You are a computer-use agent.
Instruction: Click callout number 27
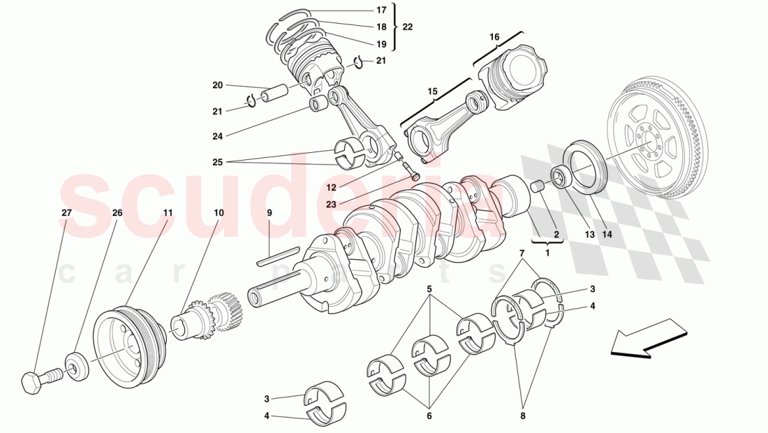click(x=67, y=212)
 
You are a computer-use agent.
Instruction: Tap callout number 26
click(x=117, y=212)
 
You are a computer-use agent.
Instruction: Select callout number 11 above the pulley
click(x=168, y=212)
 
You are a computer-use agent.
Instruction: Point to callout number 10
click(x=219, y=212)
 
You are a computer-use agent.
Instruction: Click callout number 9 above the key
click(x=269, y=212)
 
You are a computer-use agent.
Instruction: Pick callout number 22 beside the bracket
click(x=408, y=27)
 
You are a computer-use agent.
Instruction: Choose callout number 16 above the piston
click(x=494, y=36)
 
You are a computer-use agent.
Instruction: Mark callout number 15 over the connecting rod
click(x=432, y=91)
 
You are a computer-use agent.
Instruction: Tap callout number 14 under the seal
click(x=607, y=235)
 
